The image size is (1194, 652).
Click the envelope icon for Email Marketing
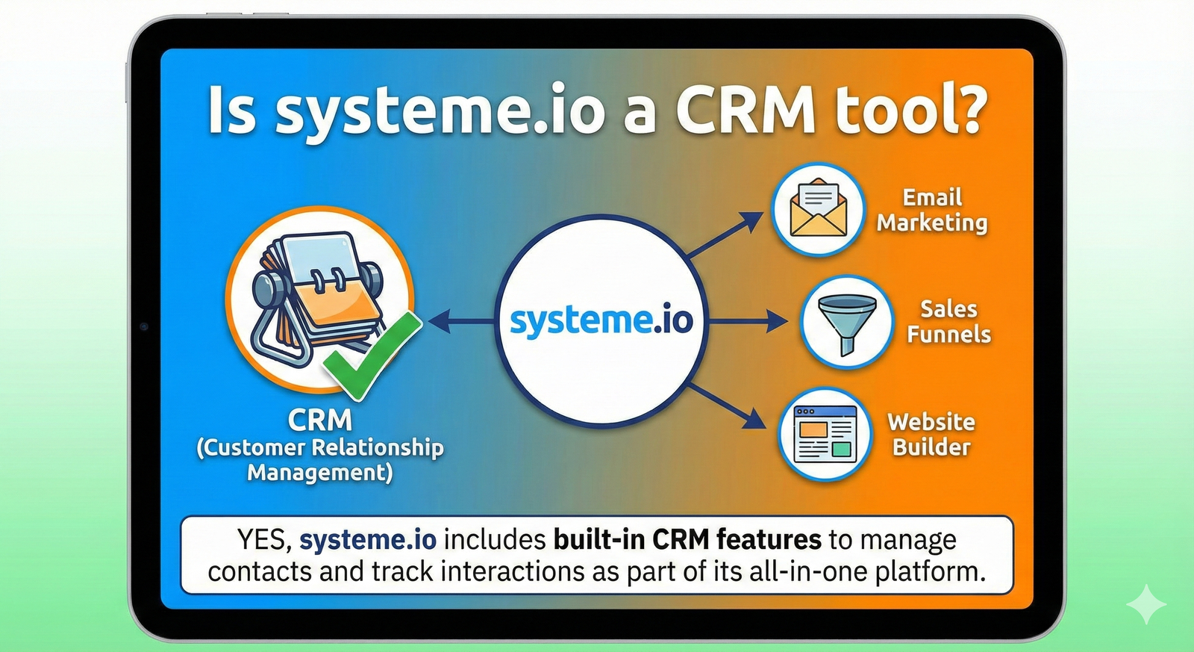(x=818, y=208)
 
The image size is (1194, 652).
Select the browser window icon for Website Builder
(x=825, y=435)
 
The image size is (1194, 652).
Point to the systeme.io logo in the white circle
(x=601, y=321)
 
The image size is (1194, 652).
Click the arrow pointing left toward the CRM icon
(x=463, y=322)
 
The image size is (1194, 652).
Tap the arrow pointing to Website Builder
(x=728, y=406)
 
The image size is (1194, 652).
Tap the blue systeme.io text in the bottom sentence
(x=368, y=539)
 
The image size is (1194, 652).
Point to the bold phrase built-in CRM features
(x=687, y=539)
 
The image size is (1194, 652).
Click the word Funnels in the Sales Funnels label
(x=948, y=334)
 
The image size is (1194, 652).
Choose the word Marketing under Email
(x=932, y=223)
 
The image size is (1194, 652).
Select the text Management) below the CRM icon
(x=319, y=473)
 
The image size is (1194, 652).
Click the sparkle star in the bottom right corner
(x=1146, y=603)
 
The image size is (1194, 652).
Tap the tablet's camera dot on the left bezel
(x=144, y=326)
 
